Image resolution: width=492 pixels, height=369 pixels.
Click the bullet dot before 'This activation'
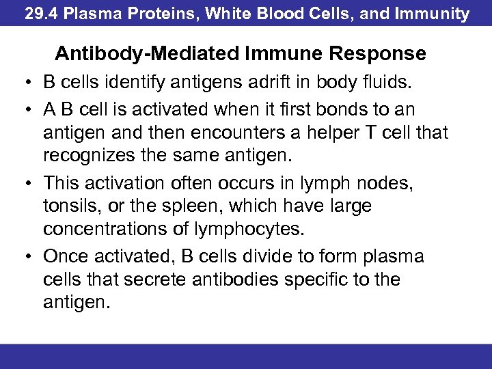pyautogui.click(x=25, y=183)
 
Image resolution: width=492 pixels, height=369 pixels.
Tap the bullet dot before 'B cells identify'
pyautogui.click(x=25, y=83)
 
